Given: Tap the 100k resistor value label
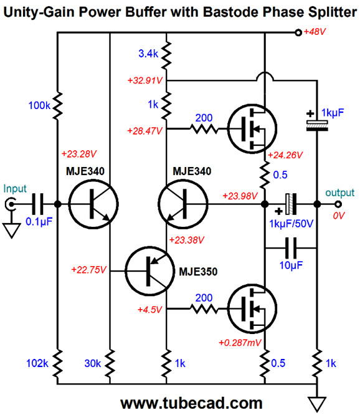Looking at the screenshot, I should point(39,107).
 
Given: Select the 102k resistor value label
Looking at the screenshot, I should point(37,363).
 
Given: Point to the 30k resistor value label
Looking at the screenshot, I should point(93,363).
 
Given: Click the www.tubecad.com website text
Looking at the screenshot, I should point(182,402).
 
